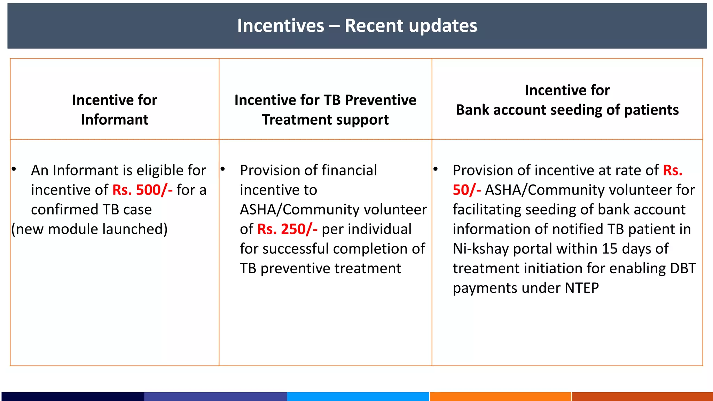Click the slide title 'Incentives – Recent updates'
pos(357,26)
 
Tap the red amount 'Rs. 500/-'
pos(142,190)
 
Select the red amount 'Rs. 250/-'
pos(287,229)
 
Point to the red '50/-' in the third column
pos(467,190)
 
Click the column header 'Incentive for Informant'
pos(115,110)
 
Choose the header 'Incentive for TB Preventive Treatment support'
pos(325,110)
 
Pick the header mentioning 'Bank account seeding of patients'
pos(567,110)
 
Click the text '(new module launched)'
pos(89,229)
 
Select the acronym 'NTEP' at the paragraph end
pos(582,288)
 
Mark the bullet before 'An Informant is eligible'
pos(14,169)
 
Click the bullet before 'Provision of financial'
pos(223,169)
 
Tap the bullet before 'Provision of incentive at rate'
pos(436,169)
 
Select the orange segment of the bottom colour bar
pos(500,396)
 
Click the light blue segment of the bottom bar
pos(358,396)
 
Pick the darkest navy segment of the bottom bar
pos(73,396)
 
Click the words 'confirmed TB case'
pos(91,210)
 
